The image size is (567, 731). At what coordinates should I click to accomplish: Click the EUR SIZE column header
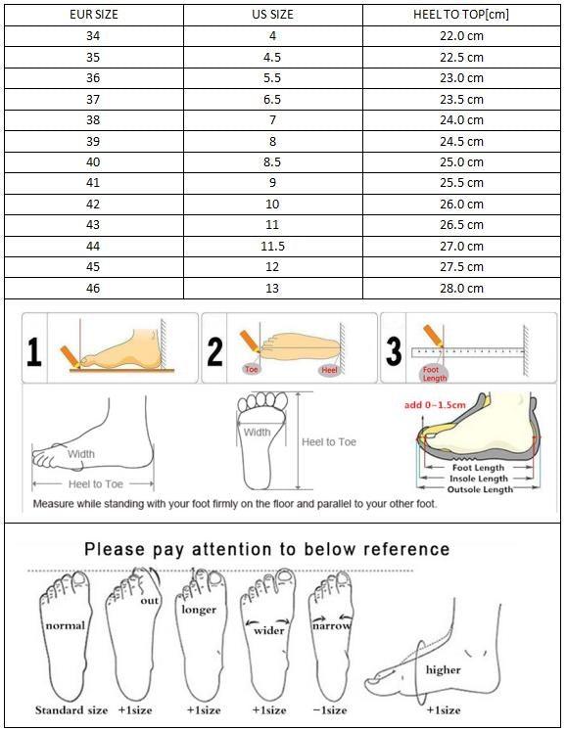click(94, 15)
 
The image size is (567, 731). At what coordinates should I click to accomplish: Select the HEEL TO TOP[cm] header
click(461, 15)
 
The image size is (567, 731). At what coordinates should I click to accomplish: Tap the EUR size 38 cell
click(94, 120)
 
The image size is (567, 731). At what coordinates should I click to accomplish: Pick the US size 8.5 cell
click(272, 162)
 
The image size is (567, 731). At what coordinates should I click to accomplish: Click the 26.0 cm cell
click(461, 205)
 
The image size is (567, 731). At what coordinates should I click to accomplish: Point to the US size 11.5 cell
click(272, 247)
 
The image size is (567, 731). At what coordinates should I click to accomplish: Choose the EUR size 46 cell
click(94, 289)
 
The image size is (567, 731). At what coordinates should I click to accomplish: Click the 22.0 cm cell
click(461, 36)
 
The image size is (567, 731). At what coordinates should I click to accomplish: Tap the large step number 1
click(35, 349)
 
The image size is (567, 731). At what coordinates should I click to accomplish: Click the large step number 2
click(215, 350)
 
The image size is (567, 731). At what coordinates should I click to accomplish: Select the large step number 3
click(394, 350)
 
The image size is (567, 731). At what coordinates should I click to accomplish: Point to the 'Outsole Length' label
click(480, 489)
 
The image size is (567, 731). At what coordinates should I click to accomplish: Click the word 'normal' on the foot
click(64, 625)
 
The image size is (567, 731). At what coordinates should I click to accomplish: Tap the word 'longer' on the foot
click(199, 610)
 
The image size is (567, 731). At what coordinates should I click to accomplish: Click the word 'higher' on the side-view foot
click(443, 670)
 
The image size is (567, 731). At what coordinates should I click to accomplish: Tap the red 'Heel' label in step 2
click(328, 370)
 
